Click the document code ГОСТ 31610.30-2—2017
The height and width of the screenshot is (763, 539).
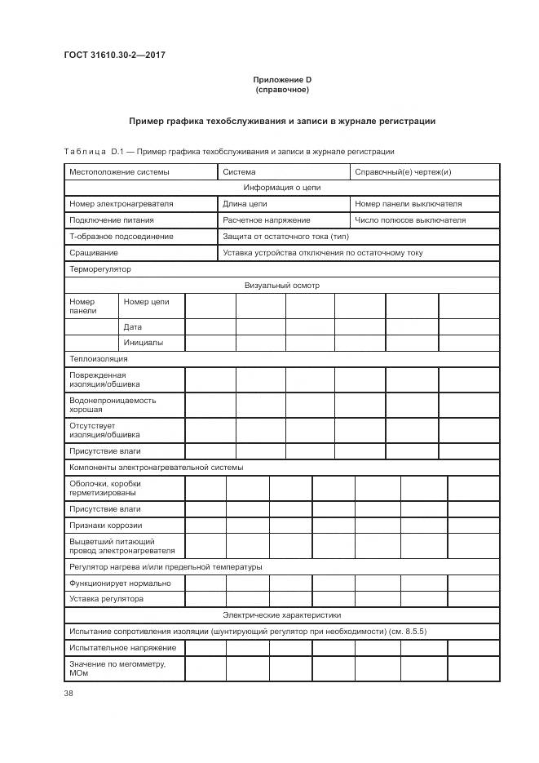pyautogui.click(x=114, y=55)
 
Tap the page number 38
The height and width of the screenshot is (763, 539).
pyautogui.click(x=68, y=693)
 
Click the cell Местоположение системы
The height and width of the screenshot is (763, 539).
pyautogui.click(x=120, y=172)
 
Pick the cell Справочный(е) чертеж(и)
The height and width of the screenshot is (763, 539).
pyautogui.click(x=403, y=172)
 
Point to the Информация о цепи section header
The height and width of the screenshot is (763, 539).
pyautogui.click(x=281, y=188)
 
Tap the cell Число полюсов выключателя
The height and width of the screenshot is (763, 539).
pyautogui.click(x=410, y=220)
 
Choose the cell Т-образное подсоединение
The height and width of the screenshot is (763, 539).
pyautogui.click(x=121, y=237)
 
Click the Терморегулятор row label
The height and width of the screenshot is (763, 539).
pyautogui.click(x=100, y=269)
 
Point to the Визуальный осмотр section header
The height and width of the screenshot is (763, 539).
pyautogui.click(x=281, y=286)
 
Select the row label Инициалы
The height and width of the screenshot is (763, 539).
pyautogui.click(x=144, y=343)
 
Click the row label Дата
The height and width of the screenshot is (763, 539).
pyautogui.click(x=133, y=326)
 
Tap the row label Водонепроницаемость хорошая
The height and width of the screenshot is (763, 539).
pyautogui.click(x=113, y=405)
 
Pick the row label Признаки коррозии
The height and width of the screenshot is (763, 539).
pyautogui.click(x=106, y=526)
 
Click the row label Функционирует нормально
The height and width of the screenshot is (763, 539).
pyautogui.click(x=121, y=583)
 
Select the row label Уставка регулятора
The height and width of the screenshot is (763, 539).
pyautogui.click(x=107, y=599)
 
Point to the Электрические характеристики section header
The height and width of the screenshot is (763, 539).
pyautogui.click(x=281, y=615)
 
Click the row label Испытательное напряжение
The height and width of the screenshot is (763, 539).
pyautogui.click(x=123, y=648)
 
